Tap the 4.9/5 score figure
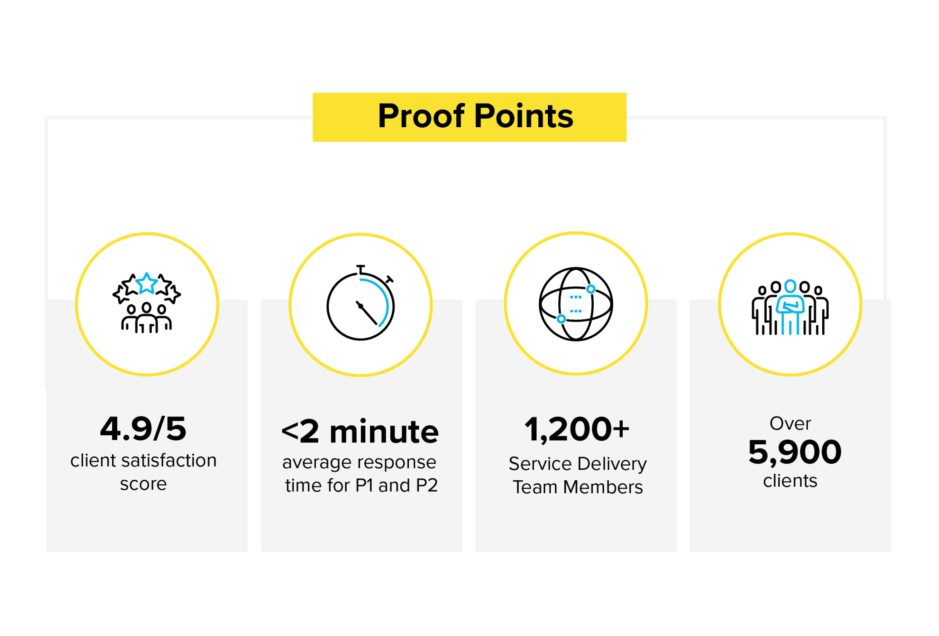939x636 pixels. click(x=143, y=429)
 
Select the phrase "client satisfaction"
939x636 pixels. click(x=143, y=461)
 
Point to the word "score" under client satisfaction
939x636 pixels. click(x=143, y=484)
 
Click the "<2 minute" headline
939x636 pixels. click(x=360, y=432)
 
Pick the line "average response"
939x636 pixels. click(x=359, y=462)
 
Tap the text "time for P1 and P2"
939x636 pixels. click(x=361, y=486)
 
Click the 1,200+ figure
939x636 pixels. click(x=577, y=429)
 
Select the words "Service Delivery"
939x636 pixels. click(x=577, y=464)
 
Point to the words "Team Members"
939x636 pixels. click(x=577, y=487)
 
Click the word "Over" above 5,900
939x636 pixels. click(x=790, y=423)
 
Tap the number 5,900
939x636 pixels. click(x=795, y=452)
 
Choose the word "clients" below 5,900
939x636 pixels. click(x=790, y=481)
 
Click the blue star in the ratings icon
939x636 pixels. click(x=146, y=283)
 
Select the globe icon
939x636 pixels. click(x=576, y=304)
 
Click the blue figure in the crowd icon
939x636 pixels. click(x=790, y=306)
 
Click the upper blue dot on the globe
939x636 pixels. click(x=591, y=289)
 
